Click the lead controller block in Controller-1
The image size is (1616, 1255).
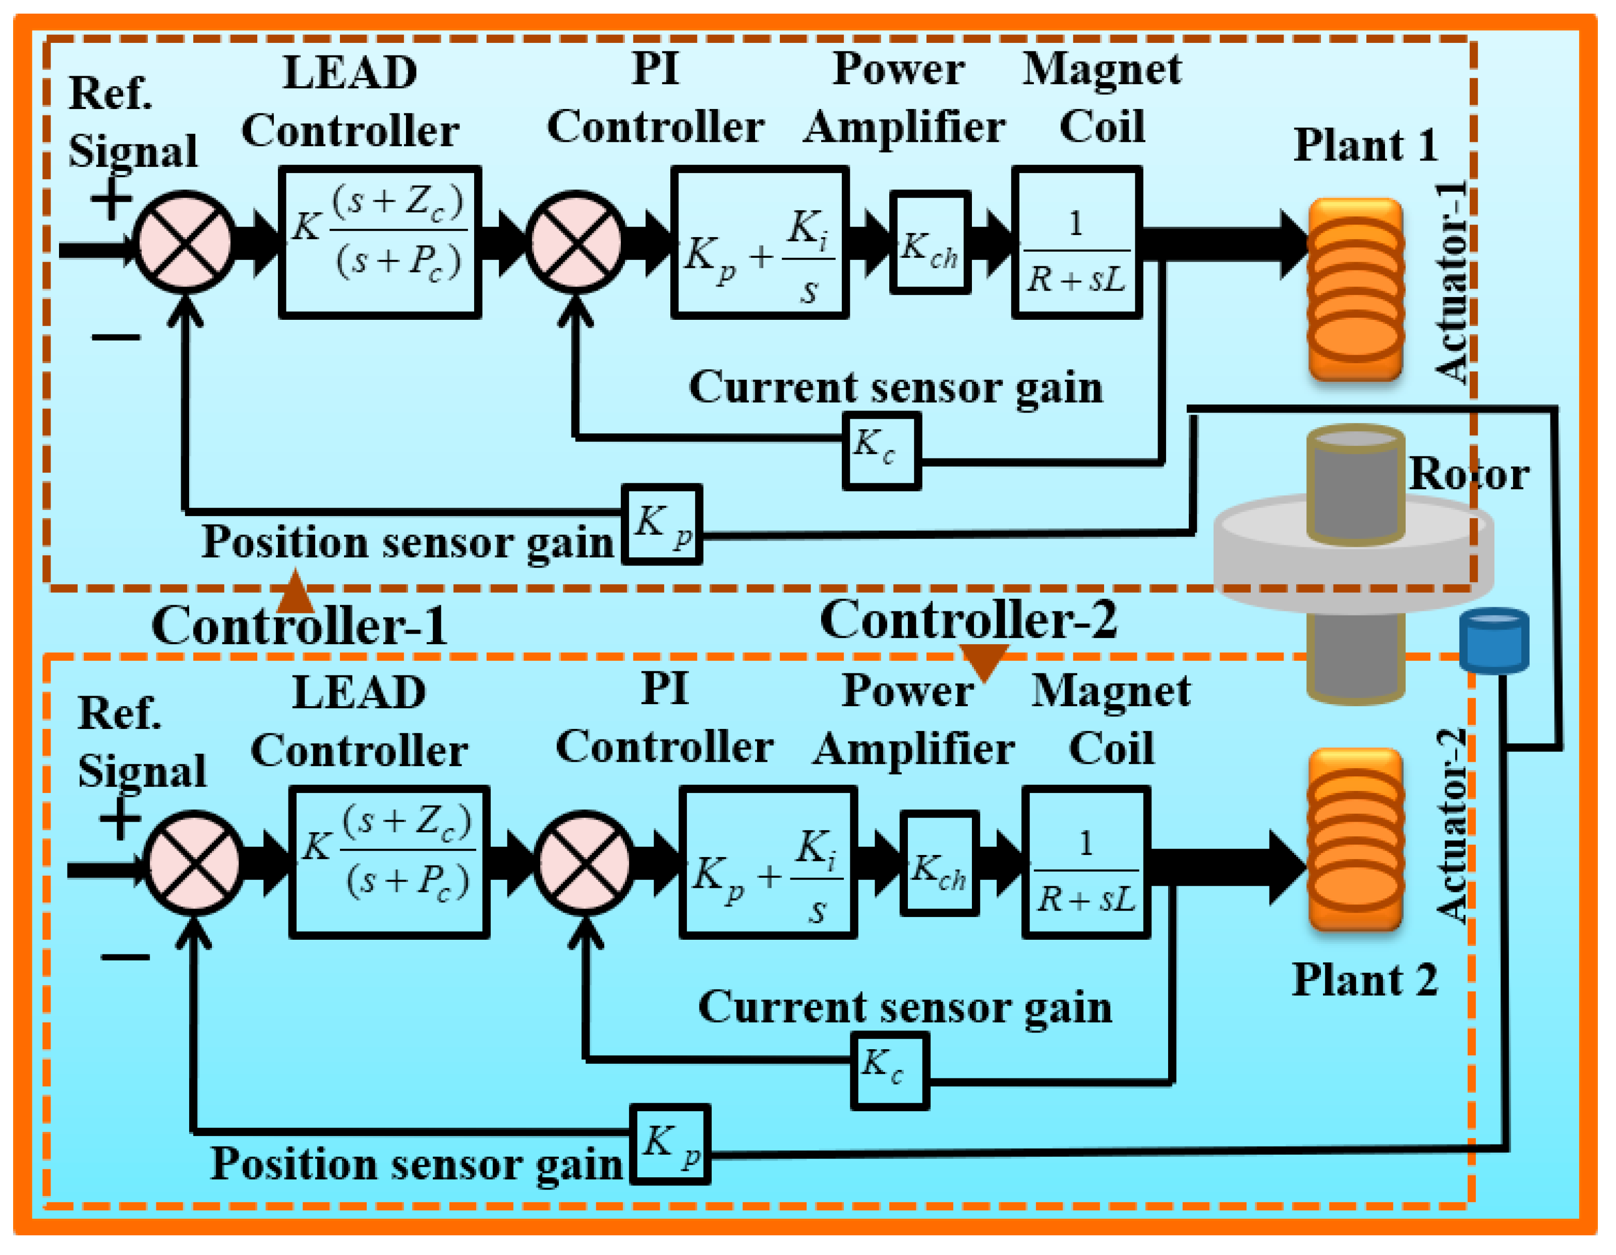coord(380,243)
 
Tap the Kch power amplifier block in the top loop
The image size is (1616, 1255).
coord(930,243)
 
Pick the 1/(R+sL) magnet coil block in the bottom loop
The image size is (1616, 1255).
coord(1085,863)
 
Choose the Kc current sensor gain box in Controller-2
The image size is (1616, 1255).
coord(889,1071)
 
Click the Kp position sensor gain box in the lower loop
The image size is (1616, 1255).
coord(670,1145)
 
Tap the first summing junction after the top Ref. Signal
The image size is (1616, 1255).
coord(184,243)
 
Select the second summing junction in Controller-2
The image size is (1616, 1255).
coord(584,863)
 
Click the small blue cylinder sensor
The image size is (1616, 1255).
coord(1494,640)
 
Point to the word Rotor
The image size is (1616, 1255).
coord(1469,474)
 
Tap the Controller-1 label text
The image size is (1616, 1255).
coord(299,626)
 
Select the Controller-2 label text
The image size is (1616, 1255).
coord(968,620)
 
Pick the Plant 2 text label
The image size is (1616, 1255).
coord(1364,981)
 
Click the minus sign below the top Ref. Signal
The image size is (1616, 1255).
coord(116,338)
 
